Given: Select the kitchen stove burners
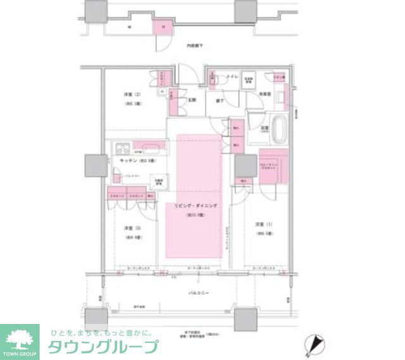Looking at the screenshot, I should pos(121,150).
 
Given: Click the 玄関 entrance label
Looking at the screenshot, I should pos(192,100).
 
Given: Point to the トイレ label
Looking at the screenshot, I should pos(232,77).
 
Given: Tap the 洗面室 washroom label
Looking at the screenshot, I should pos(265,94).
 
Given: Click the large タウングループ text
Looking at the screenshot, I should pos(103,346).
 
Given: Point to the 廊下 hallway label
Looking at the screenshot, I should pos(219,100).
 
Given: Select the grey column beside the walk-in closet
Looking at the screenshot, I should pos(244,166).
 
